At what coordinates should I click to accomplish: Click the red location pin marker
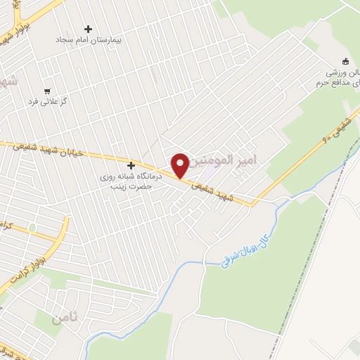[180, 165]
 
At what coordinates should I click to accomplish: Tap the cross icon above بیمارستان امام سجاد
[88, 29]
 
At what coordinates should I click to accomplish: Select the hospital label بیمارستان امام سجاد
[89, 40]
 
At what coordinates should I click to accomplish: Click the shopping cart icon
[46, 91]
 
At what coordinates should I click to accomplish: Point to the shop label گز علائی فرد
[46, 101]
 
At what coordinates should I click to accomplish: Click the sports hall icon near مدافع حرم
[345, 60]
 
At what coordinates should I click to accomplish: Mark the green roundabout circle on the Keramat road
[31, 228]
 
